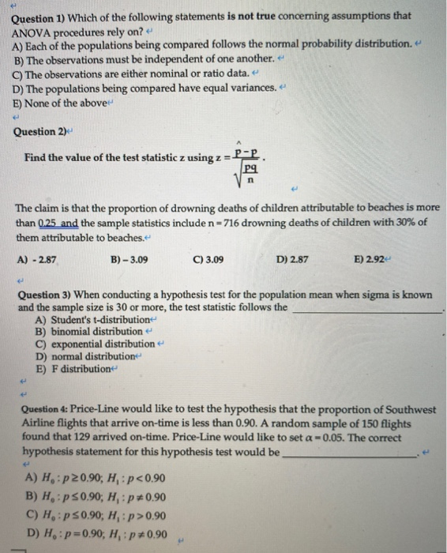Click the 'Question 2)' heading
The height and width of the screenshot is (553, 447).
pyautogui.click(x=39, y=132)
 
